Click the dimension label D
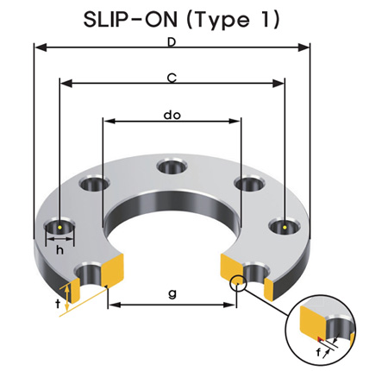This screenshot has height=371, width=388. [x=172, y=42]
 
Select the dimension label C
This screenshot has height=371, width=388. [x=172, y=79]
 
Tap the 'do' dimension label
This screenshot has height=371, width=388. [x=172, y=116]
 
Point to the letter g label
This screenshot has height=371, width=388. [x=172, y=294]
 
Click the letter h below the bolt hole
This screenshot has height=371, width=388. [x=59, y=250]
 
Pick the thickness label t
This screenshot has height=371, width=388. [x=58, y=304]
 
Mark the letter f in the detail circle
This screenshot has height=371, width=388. [x=318, y=352]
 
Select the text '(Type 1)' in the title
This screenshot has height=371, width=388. [x=233, y=20]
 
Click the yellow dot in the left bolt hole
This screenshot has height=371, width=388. [x=59, y=228]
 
